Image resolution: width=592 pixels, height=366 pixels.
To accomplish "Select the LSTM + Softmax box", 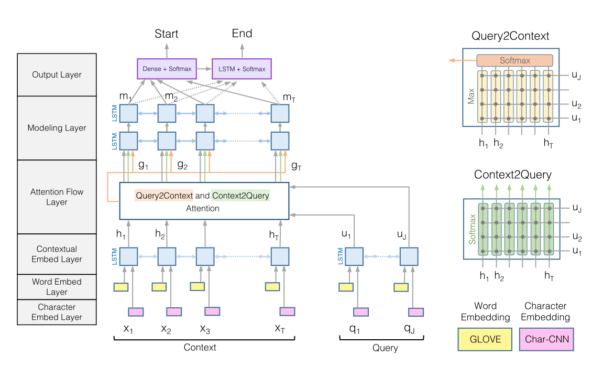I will pos(242,69).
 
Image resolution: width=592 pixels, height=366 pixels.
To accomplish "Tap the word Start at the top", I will pos(167,34).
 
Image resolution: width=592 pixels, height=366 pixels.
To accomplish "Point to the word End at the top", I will pos(242,34).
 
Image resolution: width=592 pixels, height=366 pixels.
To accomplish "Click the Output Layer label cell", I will pos(57,74).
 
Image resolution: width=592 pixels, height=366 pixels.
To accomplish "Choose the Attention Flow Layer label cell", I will pos(57,197).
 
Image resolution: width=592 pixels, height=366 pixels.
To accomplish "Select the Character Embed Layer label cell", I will pos(57,312).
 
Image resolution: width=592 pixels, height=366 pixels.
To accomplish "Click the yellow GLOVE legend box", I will pos(485,339).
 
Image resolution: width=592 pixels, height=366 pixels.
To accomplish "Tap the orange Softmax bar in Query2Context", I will pos(514,60).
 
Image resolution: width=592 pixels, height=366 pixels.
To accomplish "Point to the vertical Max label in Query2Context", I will pos(472,96).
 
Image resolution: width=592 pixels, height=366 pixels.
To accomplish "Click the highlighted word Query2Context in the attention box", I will pos(164,196).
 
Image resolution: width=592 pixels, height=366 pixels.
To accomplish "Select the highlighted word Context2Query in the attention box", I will pos(240,196).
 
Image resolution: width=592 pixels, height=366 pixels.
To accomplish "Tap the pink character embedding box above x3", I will pos(212,311).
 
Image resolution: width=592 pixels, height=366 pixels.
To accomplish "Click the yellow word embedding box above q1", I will pos(346,287).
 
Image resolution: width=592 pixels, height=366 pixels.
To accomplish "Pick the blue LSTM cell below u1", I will pos(354,256).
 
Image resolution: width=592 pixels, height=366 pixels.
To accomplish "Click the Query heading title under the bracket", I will pos(385,348).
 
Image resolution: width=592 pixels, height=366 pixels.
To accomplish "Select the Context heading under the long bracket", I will pos(200,347).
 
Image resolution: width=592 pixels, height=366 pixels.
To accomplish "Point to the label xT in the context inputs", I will pos(280,329).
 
